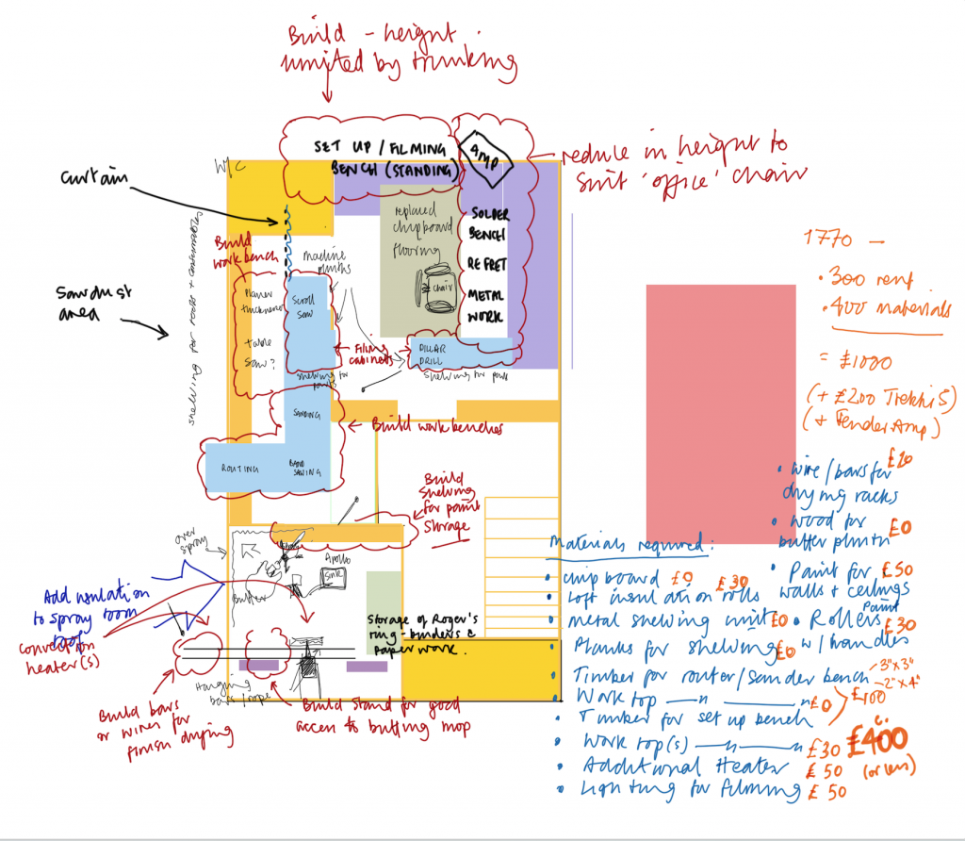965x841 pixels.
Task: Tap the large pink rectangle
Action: (721, 413)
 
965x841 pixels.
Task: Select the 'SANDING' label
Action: (307, 413)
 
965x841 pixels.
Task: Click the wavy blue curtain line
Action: (285, 240)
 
